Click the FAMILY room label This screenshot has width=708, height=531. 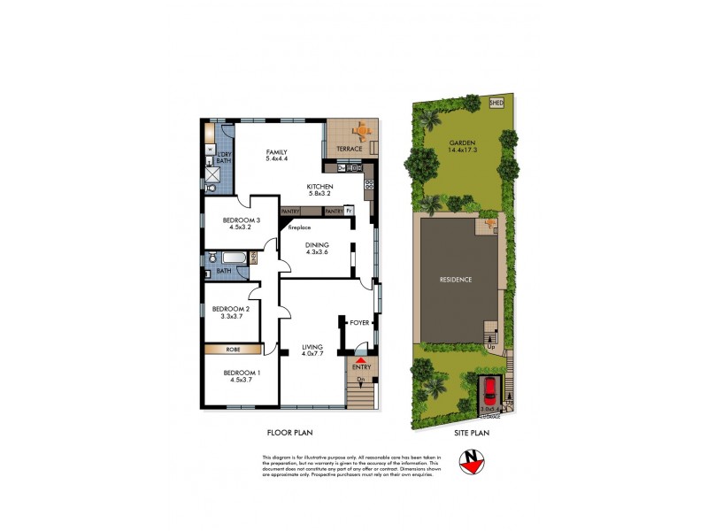click(277, 156)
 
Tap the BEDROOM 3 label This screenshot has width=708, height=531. click(241, 224)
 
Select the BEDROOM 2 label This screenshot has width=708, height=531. click(229, 312)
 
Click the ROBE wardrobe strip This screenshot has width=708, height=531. click(233, 350)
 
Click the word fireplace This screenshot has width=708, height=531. click(301, 228)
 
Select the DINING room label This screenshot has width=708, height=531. click(317, 248)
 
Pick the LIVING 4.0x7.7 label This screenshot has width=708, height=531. click(312, 350)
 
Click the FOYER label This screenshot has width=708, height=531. click(359, 323)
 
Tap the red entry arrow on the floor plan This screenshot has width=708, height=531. click(360, 360)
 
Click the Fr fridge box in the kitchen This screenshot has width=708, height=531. click(350, 212)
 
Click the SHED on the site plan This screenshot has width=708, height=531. click(496, 103)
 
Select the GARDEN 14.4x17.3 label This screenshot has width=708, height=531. click(462, 146)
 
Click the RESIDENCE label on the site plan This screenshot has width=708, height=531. click(456, 280)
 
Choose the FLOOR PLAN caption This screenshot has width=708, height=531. click(290, 433)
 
